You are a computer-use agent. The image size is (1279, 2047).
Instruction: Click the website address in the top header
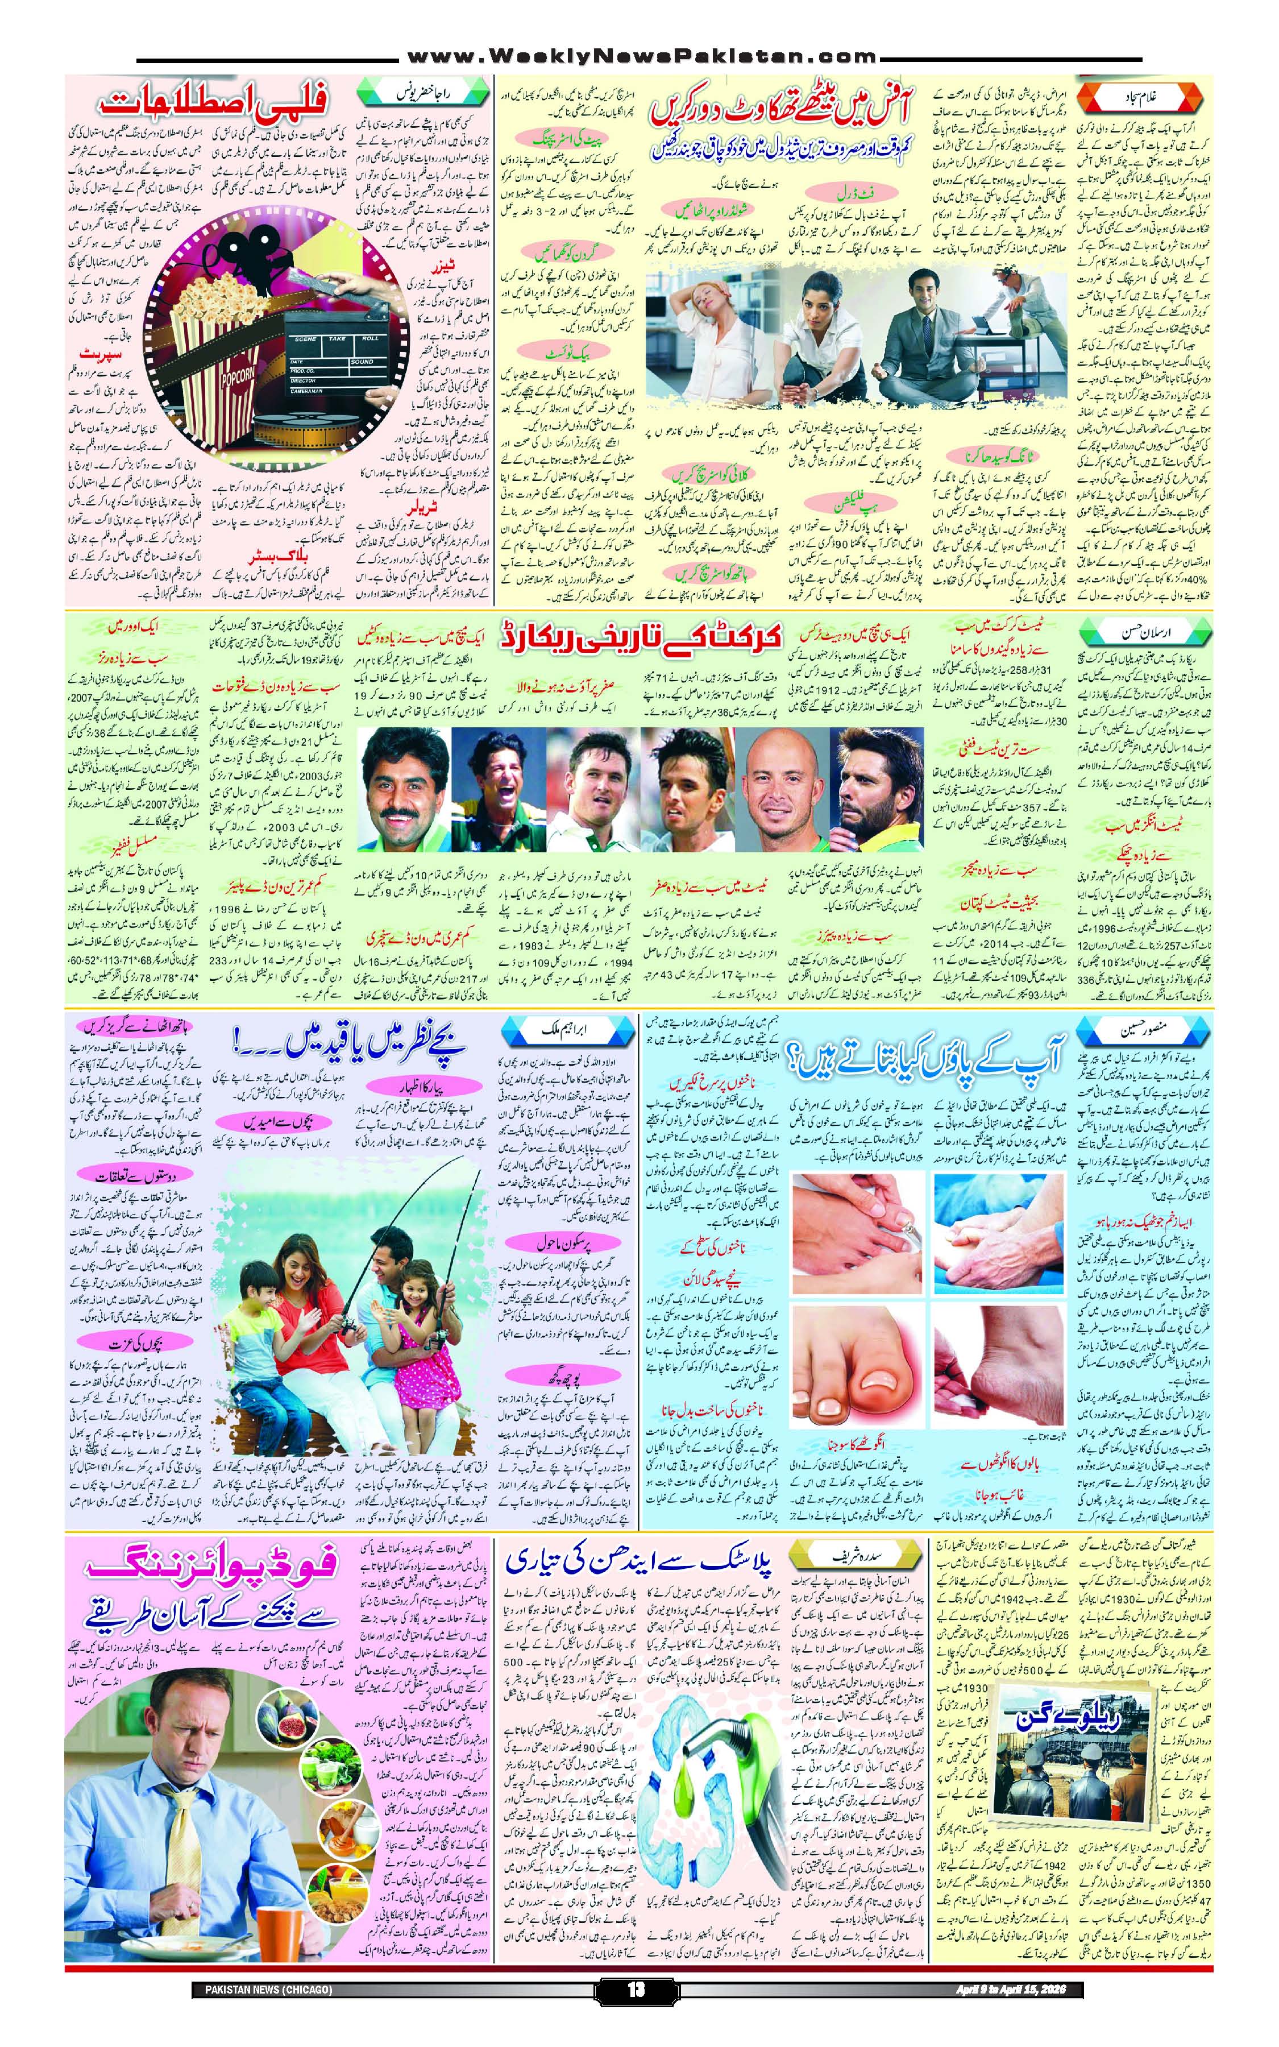click(x=640, y=57)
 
